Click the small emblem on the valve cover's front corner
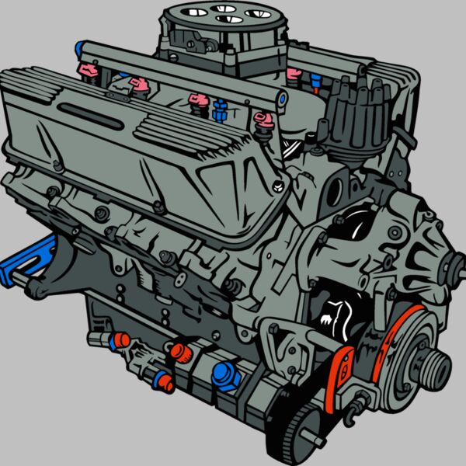[277, 186]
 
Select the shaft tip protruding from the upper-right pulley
[450, 271]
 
